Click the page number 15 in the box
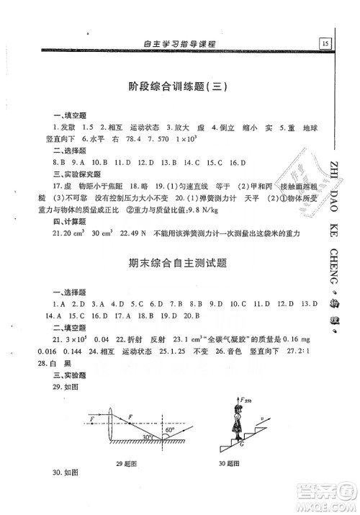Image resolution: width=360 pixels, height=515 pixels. pos(326,43)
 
